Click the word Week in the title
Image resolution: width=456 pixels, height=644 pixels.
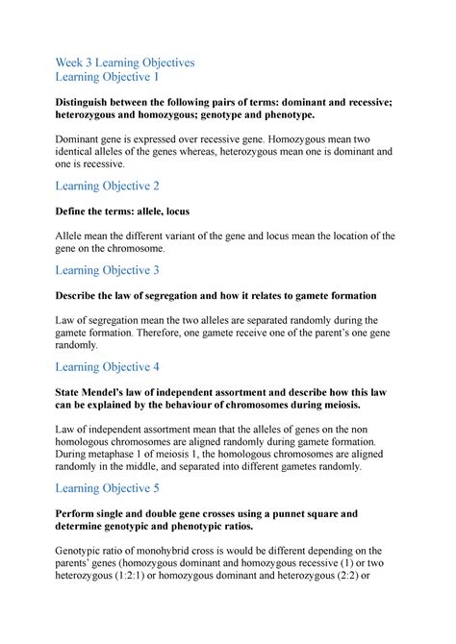tap(73, 62)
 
